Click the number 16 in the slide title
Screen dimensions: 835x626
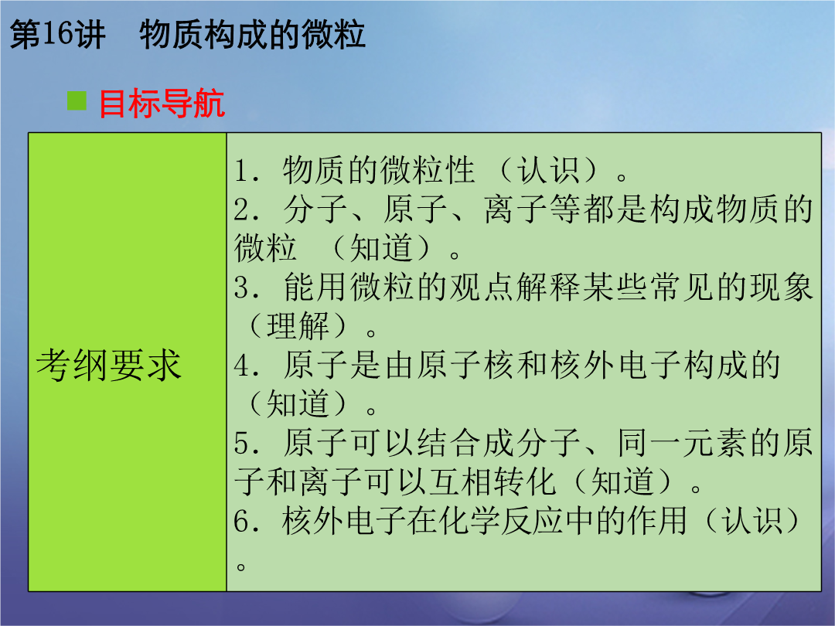pos(57,35)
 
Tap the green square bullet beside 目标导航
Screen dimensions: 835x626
pos(77,100)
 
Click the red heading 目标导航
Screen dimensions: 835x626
pos(162,103)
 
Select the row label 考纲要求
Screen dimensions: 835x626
pos(109,365)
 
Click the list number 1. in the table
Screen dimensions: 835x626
pos(246,171)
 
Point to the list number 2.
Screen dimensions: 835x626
pos(246,209)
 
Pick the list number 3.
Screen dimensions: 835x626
pos(246,287)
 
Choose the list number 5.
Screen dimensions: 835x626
pos(246,444)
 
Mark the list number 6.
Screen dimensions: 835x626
pos(246,521)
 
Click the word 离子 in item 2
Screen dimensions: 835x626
pos(516,209)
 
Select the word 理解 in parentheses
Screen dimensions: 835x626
pos(298,326)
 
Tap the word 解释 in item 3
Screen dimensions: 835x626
pos(548,287)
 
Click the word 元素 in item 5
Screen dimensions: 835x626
pos(715,443)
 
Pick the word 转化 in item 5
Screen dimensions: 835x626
pos(525,481)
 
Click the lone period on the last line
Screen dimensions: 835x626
pos(241,566)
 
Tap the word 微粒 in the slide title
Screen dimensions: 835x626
pos(333,35)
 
